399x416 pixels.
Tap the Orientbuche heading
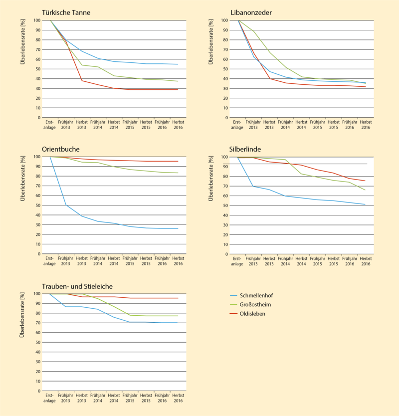[61, 149]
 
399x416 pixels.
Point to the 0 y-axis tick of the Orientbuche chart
[38, 254]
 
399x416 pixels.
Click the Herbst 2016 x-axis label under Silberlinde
[366, 261]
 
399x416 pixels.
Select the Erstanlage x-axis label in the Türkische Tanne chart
[49, 125]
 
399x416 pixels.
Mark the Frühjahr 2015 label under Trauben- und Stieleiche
[129, 398]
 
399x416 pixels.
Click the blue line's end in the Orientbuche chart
[178, 228]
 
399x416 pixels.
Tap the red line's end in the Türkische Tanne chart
[178, 90]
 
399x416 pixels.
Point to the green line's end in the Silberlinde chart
[366, 190]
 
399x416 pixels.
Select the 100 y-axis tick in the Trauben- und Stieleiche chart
[36, 293]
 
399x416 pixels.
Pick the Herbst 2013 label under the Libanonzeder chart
[269, 125]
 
